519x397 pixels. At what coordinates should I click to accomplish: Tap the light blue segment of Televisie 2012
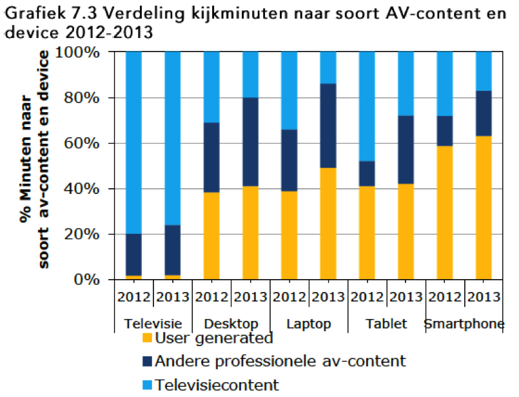tap(134, 142)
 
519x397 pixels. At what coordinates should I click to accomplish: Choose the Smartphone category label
tap(464, 324)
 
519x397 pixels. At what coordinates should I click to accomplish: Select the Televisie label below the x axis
tap(153, 324)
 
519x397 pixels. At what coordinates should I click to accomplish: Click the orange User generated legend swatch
tap(146, 338)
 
